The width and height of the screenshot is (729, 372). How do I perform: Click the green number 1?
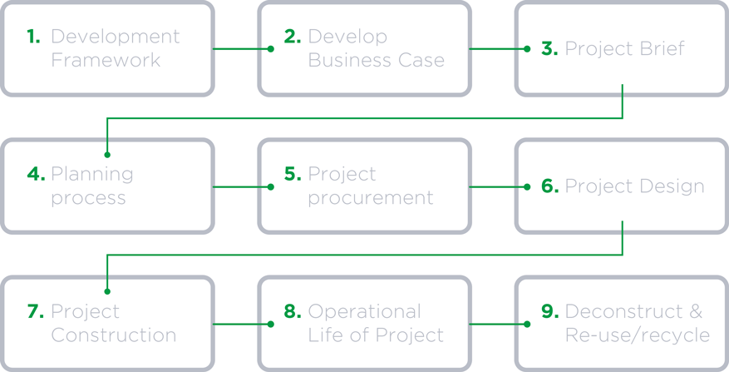34,37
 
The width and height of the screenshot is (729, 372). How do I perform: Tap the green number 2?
293,37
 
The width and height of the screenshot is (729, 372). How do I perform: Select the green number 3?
549,48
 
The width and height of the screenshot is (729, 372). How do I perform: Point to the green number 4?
37,174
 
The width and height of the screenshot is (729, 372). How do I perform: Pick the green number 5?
293,174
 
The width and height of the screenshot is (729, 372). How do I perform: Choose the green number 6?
549,186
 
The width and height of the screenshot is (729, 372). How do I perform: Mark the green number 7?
36,311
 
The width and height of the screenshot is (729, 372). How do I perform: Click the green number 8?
293,311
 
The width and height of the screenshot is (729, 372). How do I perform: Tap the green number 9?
549,311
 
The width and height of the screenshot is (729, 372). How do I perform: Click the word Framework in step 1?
106,60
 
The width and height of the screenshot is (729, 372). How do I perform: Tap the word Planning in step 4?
92,175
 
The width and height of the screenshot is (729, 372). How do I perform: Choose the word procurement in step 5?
371,199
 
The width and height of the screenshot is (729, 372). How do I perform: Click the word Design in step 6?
672,187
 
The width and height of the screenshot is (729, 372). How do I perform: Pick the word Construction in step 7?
113,335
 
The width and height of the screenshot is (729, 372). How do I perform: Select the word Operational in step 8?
364,312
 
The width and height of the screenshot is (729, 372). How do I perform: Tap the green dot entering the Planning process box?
107,155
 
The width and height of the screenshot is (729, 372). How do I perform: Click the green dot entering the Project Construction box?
107,292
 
